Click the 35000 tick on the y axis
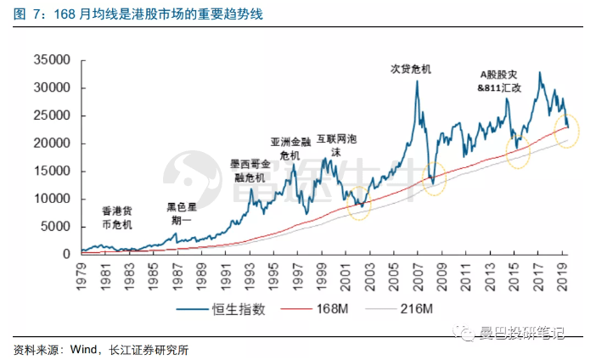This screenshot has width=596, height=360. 52,60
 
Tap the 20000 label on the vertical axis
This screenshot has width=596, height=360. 52,143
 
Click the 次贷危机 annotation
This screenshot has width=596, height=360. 411,69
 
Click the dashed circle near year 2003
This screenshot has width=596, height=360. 360,206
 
